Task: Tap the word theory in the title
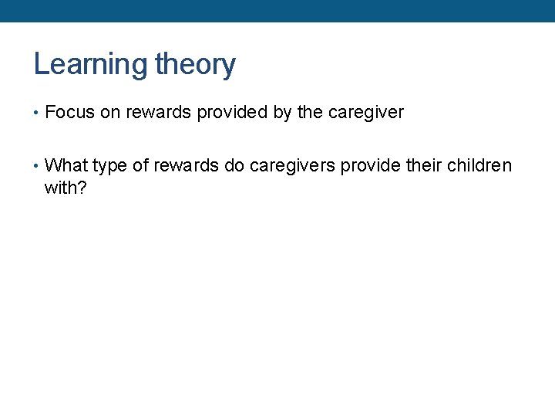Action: [x=195, y=64]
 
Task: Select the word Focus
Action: [x=70, y=113]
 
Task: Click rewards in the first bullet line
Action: [x=158, y=113]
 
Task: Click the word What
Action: [x=66, y=166]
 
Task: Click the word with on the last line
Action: [x=61, y=187]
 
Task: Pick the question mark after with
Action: [x=82, y=187]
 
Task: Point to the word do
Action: [x=234, y=166]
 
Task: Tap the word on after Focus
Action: [x=110, y=113]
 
